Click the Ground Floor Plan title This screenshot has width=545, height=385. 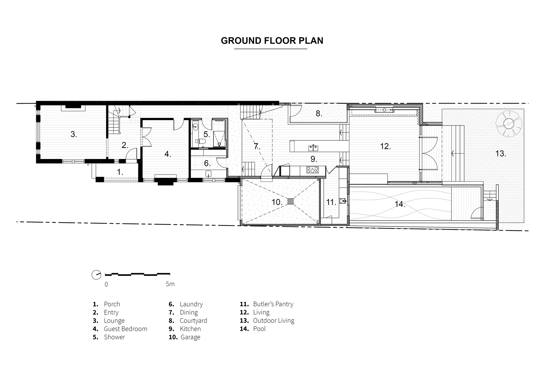tap(272, 41)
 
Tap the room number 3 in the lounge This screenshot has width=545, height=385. tap(74, 134)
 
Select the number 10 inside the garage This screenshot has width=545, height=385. tap(277, 202)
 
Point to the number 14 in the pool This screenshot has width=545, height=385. tap(400, 204)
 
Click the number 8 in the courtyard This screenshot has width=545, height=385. tap(319, 114)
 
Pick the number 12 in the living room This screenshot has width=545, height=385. tap(385, 146)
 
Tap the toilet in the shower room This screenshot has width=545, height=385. tap(202, 142)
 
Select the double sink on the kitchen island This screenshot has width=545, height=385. tap(313, 148)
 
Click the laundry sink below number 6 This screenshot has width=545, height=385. tap(208, 173)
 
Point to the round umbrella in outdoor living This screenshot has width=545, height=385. tap(508, 124)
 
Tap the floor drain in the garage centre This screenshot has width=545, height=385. tap(291, 201)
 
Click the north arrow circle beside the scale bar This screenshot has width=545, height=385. tap(96, 275)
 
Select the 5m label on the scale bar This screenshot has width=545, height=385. tap(170, 284)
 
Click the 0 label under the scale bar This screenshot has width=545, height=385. tap(106, 284)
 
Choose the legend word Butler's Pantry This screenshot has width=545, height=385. tap(273, 304)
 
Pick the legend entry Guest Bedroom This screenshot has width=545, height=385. tap(125, 329)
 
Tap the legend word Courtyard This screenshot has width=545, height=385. tap(193, 321)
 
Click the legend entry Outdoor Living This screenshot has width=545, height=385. tap(274, 320)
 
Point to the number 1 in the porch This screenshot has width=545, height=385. tap(120, 172)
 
